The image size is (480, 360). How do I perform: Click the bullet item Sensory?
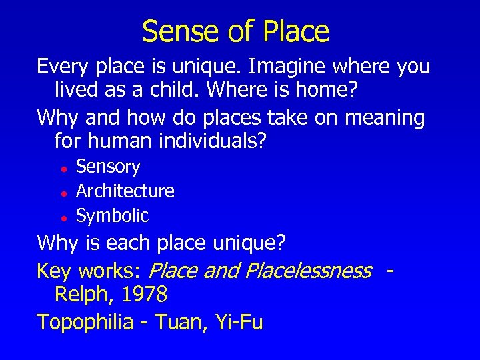(x=108, y=167)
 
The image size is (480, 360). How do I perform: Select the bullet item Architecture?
(x=125, y=191)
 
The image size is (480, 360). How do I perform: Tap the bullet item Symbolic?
(x=112, y=216)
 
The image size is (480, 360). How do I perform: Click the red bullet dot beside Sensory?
(x=61, y=168)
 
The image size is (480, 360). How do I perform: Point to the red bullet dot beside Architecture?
(x=61, y=193)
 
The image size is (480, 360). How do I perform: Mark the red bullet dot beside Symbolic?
(x=61, y=217)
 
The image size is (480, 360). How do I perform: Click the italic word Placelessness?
(x=308, y=271)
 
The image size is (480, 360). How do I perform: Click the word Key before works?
(x=55, y=271)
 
